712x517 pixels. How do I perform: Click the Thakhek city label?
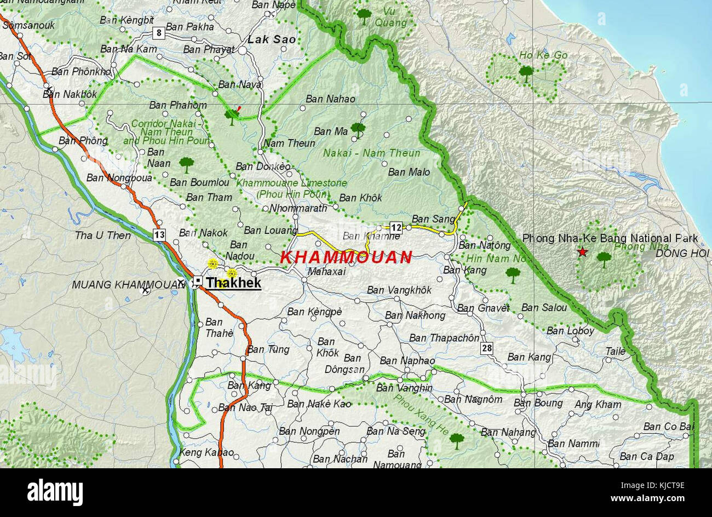233,283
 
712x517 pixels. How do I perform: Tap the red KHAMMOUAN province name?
346,257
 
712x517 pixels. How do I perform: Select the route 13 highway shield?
159,235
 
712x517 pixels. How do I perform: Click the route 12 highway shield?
395,227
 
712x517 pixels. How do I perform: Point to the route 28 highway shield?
487,348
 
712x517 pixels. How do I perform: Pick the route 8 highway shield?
158,32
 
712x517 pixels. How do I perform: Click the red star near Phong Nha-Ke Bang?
582,252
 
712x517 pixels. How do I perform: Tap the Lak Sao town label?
272,39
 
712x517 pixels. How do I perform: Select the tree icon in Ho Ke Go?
526,72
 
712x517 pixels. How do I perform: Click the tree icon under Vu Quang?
364,15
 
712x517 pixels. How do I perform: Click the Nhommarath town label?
298,208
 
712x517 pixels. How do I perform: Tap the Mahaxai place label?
326,271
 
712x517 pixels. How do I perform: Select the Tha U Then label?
103,235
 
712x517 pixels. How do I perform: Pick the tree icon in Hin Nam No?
513,274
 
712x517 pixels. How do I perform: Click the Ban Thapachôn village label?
444,338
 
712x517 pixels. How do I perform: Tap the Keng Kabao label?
206,453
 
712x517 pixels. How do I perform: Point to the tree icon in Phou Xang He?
456,440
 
